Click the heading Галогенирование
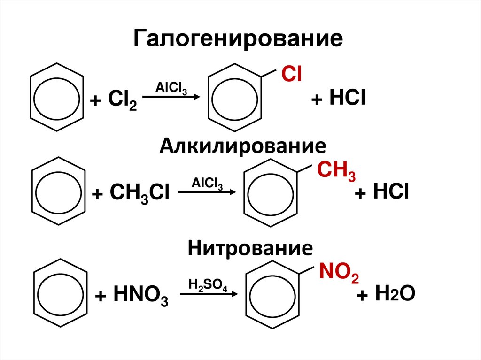(238, 39)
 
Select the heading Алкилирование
(242, 146)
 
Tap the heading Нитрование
(250, 247)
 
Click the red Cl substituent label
(291, 75)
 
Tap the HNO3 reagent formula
(138, 297)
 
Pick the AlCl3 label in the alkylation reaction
(207, 184)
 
